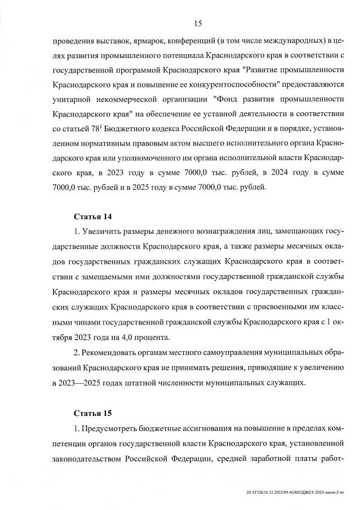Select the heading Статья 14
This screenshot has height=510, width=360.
[x=91, y=216]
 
